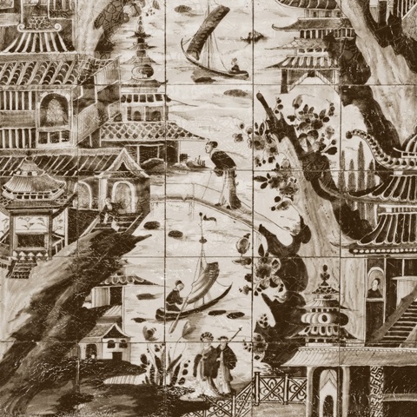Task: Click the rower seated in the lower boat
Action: coord(175,295)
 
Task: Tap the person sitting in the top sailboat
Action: coord(234,65)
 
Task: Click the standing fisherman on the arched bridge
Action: coord(223,174)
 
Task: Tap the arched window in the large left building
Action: coord(54,110)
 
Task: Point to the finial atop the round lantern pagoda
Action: coord(325,271)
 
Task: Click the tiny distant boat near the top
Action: coord(253,36)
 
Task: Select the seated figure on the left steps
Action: coord(107,208)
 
